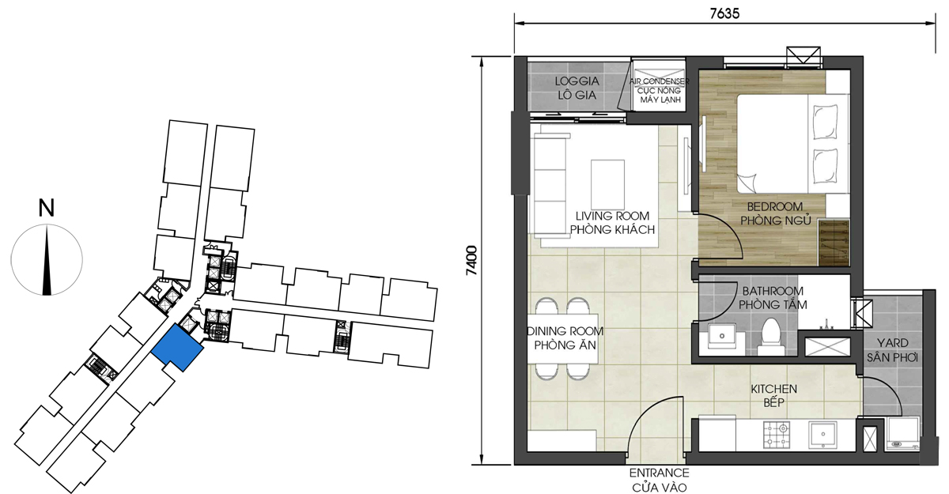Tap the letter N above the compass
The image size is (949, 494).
point(47,208)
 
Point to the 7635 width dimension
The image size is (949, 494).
point(724,13)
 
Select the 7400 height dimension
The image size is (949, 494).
point(471,261)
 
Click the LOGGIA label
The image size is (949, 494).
point(577,81)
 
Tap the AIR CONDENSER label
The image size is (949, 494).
point(660,81)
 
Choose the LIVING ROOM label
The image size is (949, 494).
point(612,216)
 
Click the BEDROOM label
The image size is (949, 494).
point(775,206)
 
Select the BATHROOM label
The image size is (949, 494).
point(773,291)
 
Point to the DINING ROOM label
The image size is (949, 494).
point(565,331)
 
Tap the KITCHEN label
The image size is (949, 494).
point(774,389)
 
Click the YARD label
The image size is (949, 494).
point(893,343)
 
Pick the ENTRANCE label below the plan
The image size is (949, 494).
point(660,473)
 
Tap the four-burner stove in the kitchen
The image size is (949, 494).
point(777,435)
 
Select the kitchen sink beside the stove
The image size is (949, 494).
point(822,434)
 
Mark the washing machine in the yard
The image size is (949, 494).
point(903,433)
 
